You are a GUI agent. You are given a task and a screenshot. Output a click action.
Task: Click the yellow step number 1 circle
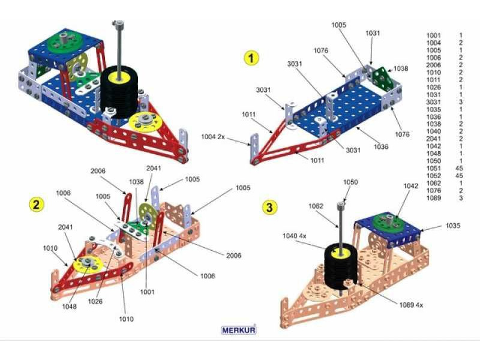(251, 58)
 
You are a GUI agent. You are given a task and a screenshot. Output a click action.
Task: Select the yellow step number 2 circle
(37, 205)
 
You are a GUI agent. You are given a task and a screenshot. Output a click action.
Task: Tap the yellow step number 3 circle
(271, 207)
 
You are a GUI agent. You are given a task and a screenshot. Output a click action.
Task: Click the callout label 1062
(316, 206)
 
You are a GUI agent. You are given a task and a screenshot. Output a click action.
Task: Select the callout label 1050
(350, 181)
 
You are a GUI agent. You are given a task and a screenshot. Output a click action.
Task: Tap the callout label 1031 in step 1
(373, 34)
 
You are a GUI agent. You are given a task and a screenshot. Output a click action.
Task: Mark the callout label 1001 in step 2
(147, 292)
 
